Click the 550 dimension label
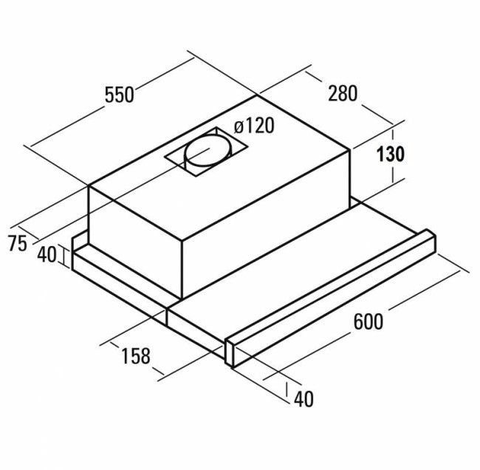119,95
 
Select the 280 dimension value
343,93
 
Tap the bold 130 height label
391,154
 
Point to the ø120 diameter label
254,126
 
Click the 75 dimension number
18,243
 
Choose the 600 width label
368,321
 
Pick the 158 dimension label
136,355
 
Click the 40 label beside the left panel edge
47,255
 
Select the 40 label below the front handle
304,399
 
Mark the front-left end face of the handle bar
229,353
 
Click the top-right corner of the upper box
351,149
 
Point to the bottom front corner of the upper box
182,298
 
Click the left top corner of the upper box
89,185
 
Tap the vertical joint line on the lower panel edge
167,316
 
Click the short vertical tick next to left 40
64,256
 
